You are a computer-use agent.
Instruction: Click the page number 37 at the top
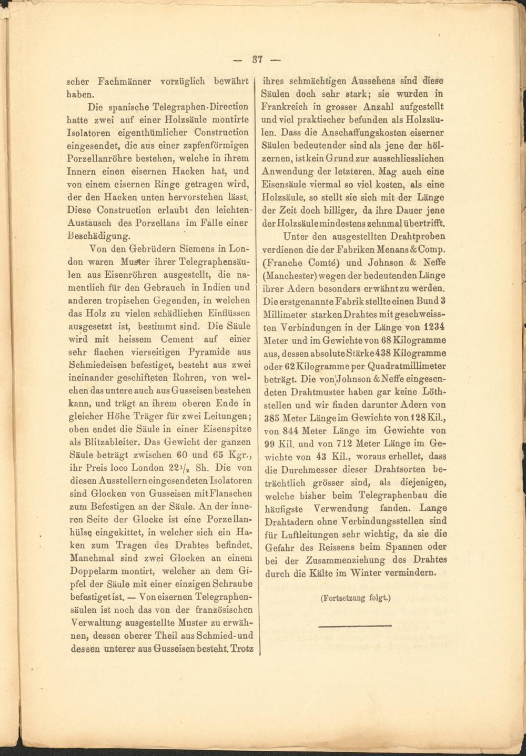[x=258, y=58]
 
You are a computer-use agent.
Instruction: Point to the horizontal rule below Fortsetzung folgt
[x=355, y=626]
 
